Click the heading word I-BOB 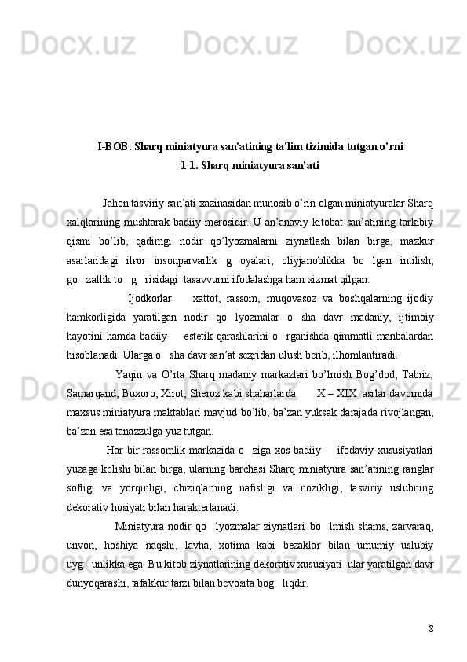(113, 146)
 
